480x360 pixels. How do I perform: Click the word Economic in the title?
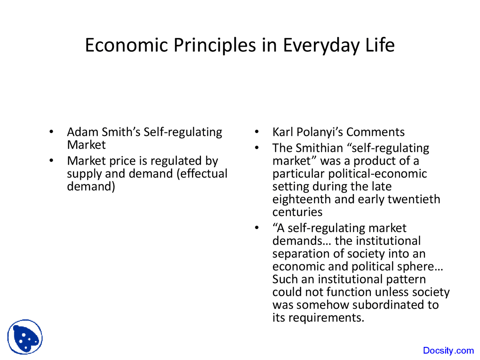126,45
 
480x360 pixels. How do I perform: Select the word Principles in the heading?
214,46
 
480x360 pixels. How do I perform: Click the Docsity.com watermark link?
448,350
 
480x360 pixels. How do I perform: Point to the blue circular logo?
25,337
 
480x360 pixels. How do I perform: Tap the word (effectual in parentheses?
202,174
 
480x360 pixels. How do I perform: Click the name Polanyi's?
319,133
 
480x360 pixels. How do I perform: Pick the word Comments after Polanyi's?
375,132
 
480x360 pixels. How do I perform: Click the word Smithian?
319,148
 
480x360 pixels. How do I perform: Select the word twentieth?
414,199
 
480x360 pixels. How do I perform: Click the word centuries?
297,212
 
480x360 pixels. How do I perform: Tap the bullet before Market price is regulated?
51,160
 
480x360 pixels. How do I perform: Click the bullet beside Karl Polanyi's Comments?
257,132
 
